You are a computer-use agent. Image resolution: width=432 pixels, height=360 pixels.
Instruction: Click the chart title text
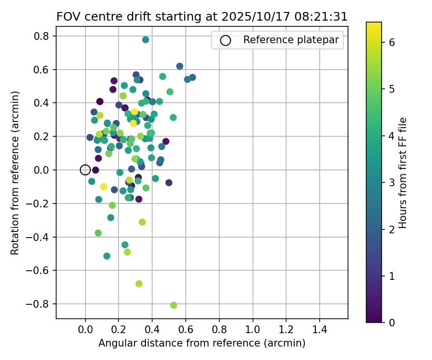[202, 16]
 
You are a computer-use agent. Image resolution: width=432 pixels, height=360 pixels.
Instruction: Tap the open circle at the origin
[85, 169]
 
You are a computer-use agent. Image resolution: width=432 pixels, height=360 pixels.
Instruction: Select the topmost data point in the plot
[145, 40]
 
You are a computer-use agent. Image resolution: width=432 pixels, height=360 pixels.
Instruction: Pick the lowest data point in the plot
[173, 305]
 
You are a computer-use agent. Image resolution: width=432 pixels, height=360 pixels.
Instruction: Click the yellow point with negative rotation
[104, 187]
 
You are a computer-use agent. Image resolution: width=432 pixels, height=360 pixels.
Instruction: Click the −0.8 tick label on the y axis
[41, 304]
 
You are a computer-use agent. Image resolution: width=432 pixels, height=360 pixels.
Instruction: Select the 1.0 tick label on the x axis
[252, 330]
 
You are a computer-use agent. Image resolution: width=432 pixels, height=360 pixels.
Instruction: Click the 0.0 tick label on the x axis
[85, 330]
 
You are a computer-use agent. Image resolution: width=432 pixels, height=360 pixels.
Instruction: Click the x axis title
[202, 344]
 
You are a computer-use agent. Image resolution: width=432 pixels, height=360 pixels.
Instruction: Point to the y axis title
[15, 173]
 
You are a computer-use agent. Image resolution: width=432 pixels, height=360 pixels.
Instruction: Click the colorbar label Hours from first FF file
[403, 173]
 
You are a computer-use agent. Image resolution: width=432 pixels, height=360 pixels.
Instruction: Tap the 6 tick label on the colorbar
[391, 42]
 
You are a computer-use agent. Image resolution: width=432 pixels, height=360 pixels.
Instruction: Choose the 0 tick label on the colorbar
[391, 323]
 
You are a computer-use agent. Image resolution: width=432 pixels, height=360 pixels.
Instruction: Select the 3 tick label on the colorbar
[391, 182]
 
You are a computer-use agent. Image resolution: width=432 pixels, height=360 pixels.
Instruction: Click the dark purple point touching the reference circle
[96, 170]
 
